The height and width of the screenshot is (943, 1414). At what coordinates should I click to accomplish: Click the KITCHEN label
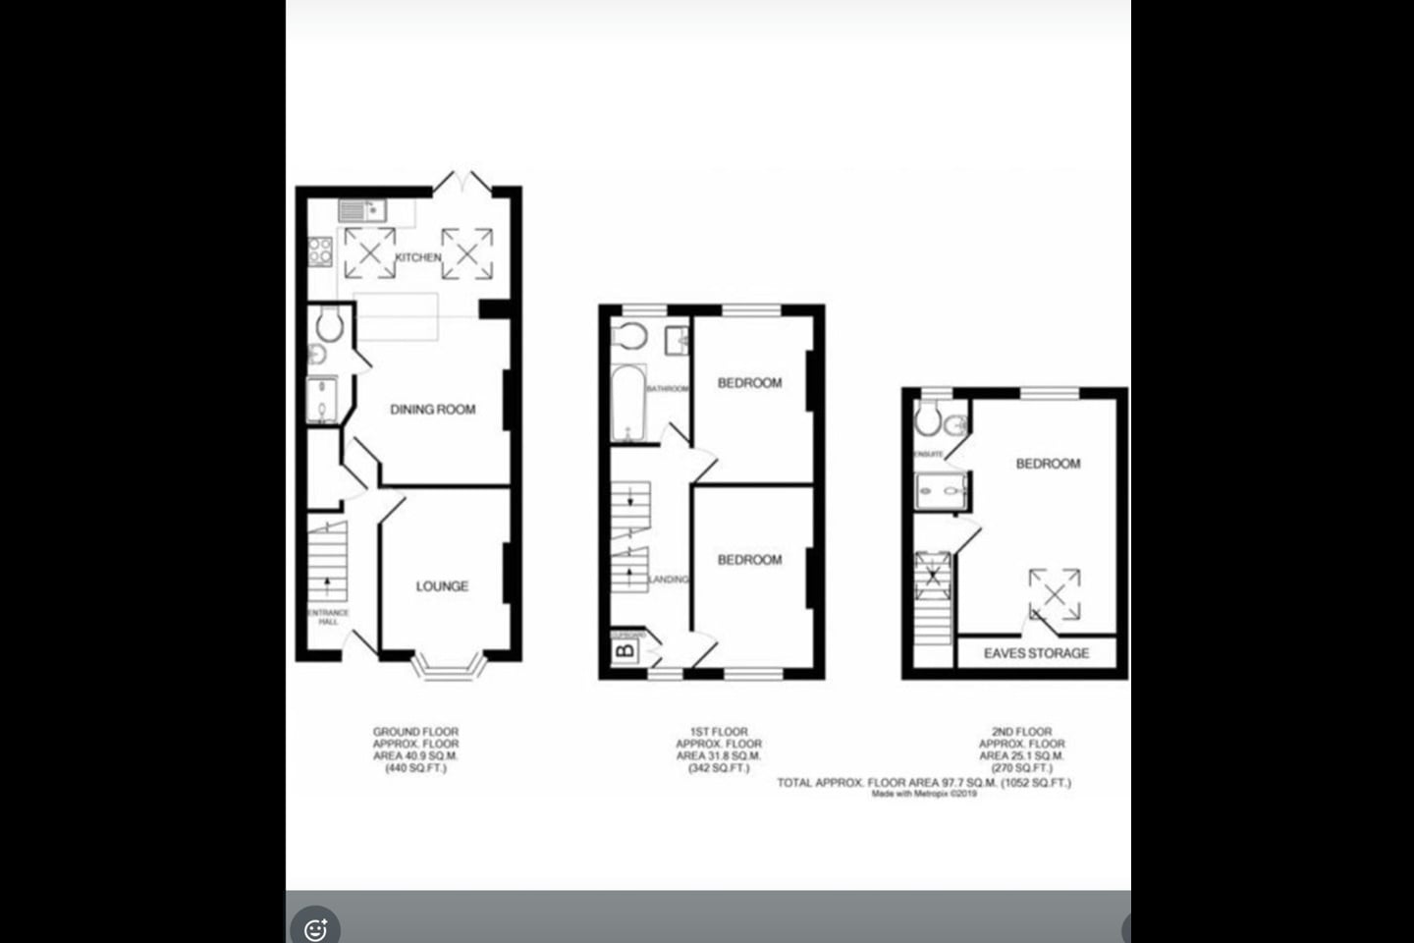418,257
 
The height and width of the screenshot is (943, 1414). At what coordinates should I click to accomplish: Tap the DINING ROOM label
432,410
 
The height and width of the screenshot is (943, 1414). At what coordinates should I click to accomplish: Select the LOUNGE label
442,586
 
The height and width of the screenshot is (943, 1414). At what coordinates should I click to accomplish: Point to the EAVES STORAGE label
1036,653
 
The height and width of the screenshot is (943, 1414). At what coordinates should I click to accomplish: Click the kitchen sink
362,209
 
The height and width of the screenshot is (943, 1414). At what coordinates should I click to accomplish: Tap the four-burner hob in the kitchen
320,252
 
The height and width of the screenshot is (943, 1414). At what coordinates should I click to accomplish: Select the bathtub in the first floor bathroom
626,404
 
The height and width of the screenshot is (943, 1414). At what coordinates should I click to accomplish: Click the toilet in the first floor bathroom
628,336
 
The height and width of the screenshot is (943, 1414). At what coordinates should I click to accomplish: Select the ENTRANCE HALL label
328,617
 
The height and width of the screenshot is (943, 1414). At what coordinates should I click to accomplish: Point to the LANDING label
669,580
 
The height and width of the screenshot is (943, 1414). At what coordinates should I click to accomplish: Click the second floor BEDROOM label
1048,464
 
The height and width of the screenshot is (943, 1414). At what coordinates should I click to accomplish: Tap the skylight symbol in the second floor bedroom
1055,593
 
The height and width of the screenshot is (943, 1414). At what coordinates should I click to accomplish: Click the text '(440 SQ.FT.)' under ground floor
415,769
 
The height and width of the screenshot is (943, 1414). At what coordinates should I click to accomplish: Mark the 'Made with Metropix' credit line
924,794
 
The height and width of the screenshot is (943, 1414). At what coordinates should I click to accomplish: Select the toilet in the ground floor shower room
329,325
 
